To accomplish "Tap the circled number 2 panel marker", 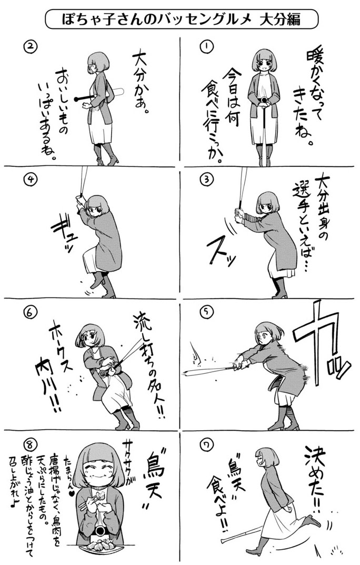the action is point(31,47).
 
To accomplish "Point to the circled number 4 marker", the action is point(31,180).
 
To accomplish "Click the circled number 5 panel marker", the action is point(207,312).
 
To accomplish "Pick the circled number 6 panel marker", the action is point(31,312).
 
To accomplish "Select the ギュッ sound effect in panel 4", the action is point(63,234).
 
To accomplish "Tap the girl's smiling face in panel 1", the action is point(264,65).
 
